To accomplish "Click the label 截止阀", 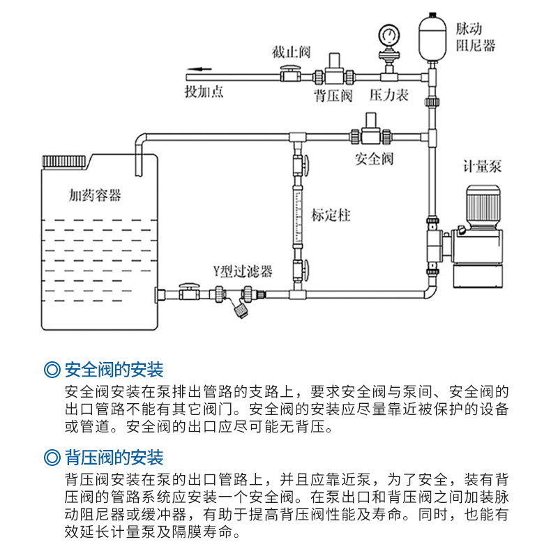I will (x=291, y=52).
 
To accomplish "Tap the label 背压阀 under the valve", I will (x=333, y=95).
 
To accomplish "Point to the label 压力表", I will (x=389, y=95).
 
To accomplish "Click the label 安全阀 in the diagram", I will (x=375, y=159).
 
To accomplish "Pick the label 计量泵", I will (x=483, y=166).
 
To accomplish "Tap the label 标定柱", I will (x=331, y=215).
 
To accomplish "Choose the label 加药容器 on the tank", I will (x=95, y=195).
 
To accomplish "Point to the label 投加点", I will (x=204, y=92).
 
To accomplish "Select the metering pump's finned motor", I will (x=482, y=202).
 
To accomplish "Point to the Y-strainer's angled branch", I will (x=241, y=306).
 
